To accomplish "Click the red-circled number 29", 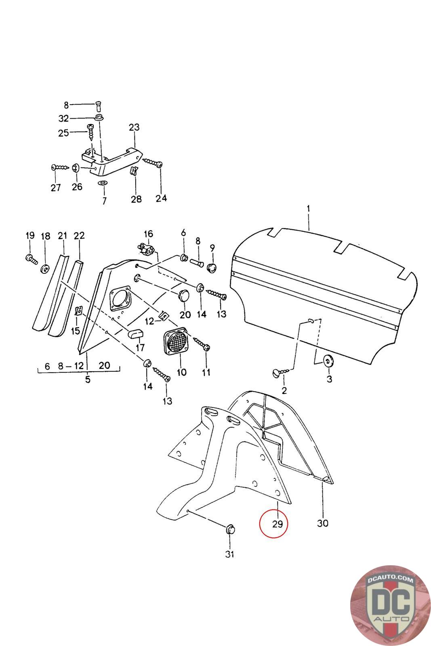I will [x=277, y=524].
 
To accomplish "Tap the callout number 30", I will [x=322, y=523].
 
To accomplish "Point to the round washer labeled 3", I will [x=328, y=360].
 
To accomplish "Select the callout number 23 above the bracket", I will [x=134, y=127].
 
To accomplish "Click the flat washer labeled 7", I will [x=103, y=184].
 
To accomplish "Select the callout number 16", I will [x=148, y=234].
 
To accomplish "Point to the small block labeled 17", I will [x=136, y=333].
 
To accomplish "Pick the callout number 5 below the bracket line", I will [x=88, y=380].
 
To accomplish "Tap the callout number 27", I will [x=55, y=187].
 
